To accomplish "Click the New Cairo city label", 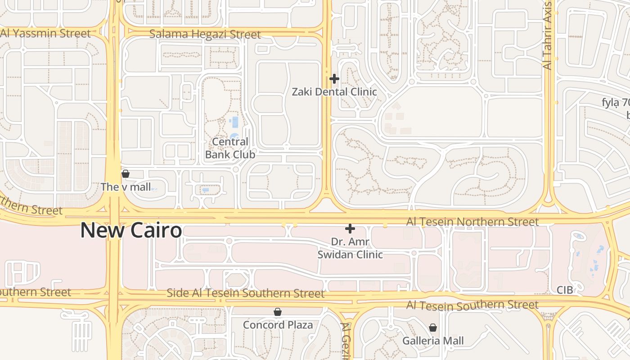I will pyautogui.click(x=131, y=231).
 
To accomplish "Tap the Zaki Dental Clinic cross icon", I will pyautogui.click(x=334, y=79).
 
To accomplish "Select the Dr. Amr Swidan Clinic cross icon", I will pyautogui.click(x=350, y=229).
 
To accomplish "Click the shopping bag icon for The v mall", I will pyautogui.click(x=126, y=174).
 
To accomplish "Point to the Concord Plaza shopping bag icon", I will pyautogui.click(x=278, y=312).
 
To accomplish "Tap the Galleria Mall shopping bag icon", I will pyautogui.click(x=432, y=328).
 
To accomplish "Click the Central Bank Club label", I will pyautogui.click(x=230, y=148).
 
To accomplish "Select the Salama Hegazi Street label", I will pyautogui.click(x=205, y=34).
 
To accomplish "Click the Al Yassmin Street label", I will pyautogui.click(x=45, y=33).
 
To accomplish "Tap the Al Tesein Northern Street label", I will pyautogui.click(x=472, y=222).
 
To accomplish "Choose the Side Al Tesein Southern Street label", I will pyautogui.click(x=245, y=293).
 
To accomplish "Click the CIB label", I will pyautogui.click(x=565, y=290).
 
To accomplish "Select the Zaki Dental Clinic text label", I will pyautogui.click(x=334, y=92).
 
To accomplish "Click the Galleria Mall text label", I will pyautogui.click(x=432, y=341).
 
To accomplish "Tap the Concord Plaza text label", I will pyautogui.click(x=278, y=324).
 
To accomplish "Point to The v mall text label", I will pyautogui.click(x=126, y=187).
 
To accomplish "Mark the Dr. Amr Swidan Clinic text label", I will pyautogui.click(x=350, y=248).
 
